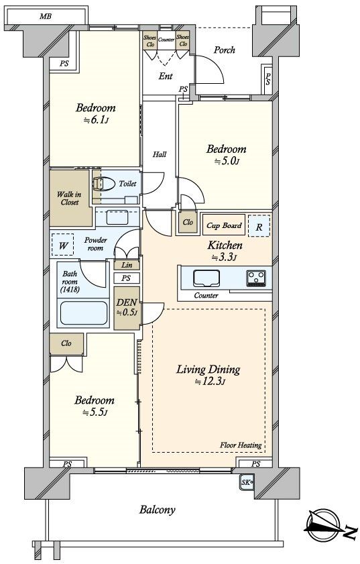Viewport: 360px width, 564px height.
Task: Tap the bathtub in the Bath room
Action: pyautogui.click(x=83, y=313)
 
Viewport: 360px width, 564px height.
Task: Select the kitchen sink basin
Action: pyautogui.click(x=206, y=278)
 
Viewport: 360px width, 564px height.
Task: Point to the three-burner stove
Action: pyautogui.click(x=256, y=278)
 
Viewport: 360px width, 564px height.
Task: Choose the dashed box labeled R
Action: pyautogui.click(x=259, y=225)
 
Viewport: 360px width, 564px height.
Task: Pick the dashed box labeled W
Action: pyautogui.click(x=62, y=245)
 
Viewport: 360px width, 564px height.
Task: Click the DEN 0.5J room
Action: pyautogui.click(x=127, y=308)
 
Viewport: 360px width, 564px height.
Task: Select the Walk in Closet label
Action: pyautogui.click(x=70, y=199)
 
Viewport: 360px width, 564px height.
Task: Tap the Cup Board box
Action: pyautogui.click(x=224, y=225)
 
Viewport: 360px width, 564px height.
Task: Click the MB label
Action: pyautogui.click(x=46, y=16)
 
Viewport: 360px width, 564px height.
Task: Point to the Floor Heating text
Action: pyautogui.click(x=241, y=445)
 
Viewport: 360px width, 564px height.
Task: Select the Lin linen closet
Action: pyautogui.click(x=127, y=265)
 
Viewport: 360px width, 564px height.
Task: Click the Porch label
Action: pyautogui.click(x=225, y=50)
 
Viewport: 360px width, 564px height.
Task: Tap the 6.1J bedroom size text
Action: pyautogui.click(x=96, y=120)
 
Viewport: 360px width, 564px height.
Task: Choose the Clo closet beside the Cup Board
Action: pyautogui.click(x=188, y=222)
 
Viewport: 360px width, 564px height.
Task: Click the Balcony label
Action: pyautogui.click(x=158, y=510)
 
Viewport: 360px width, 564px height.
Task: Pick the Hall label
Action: pyautogui.click(x=160, y=154)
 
